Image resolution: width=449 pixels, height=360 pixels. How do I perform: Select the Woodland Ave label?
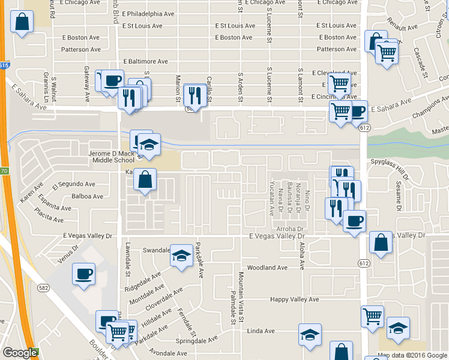coord(268,268)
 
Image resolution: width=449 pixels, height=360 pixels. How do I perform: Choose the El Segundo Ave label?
coord(74,184)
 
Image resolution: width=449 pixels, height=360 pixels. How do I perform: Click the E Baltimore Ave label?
coord(145,61)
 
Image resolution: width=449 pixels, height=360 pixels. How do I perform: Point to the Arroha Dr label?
coord(291,229)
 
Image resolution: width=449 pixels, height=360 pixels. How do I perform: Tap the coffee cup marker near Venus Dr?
coord(83,274)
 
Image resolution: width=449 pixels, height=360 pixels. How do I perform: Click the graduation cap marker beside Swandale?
coord(182,256)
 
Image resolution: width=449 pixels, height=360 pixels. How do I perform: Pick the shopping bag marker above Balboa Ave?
coord(145,179)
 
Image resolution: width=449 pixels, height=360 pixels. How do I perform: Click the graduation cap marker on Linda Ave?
coord(310,334)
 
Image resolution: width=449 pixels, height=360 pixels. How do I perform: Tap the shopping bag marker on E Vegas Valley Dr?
coord(381,242)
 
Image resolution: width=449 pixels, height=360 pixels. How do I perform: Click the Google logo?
coord(20,353)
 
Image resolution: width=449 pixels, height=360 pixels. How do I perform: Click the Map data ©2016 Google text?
coord(412,355)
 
